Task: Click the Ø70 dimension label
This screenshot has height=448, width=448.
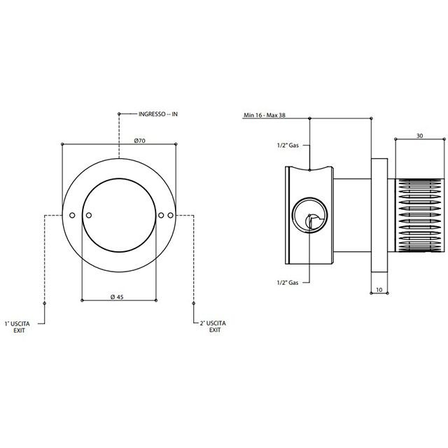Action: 140,141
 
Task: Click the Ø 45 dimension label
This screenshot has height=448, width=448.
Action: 117,297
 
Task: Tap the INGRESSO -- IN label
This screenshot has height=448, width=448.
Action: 158,114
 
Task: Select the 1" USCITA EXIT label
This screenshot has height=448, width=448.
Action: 17,327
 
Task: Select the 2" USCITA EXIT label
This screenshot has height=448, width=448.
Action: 213,327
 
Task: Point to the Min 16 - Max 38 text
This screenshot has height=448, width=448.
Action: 265,115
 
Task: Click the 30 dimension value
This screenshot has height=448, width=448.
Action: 419,136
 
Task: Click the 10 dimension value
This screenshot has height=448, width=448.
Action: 379,290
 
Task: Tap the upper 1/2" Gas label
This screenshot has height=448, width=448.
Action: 288,145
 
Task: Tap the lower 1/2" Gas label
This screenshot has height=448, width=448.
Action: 288,283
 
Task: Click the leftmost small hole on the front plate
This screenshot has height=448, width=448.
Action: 72,215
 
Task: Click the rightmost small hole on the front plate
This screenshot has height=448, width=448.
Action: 171,215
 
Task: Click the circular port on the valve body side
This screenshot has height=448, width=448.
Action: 309,215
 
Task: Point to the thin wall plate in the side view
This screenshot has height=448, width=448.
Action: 379,215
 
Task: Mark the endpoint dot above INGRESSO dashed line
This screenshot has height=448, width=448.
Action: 119,113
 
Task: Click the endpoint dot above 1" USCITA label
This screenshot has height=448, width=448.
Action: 44,303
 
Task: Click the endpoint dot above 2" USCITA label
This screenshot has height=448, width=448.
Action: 194,303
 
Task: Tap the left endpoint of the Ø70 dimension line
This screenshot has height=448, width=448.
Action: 62,143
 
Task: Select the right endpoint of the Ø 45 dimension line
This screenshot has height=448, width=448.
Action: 156,300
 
